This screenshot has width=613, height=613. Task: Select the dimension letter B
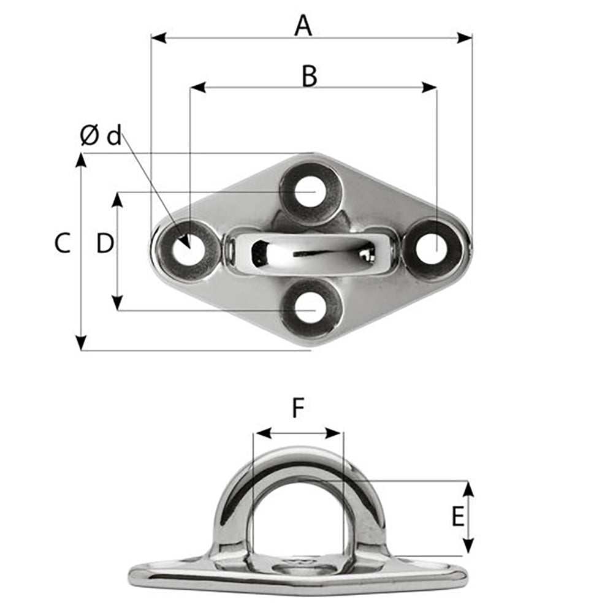pyautogui.click(x=310, y=77)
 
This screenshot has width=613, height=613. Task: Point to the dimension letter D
pyautogui.click(x=105, y=244)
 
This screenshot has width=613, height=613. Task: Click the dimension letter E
pyautogui.click(x=458, y=517)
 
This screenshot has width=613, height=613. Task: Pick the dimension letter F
pyautogui.click(x=298, y=408)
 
